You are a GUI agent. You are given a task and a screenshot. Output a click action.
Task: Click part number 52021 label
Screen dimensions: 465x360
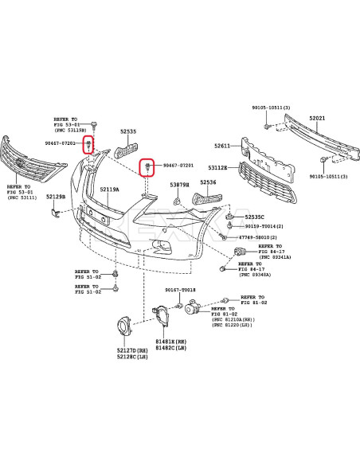click(317, 118)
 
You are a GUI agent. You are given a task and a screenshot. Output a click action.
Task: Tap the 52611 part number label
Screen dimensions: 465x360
click(221, 146)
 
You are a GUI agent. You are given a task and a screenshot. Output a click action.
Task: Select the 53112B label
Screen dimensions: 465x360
click(218, 168)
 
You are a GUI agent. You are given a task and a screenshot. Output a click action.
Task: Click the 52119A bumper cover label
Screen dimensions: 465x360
click(109, 190)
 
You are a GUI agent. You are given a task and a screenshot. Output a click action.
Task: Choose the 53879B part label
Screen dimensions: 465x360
click(179, 185)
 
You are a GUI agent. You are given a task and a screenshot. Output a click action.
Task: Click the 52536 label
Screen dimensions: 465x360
click(208, 182)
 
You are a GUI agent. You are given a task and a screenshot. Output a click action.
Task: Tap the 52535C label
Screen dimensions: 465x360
click(254, 217)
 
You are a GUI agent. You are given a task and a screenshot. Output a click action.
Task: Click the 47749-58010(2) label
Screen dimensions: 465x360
click(262, 237)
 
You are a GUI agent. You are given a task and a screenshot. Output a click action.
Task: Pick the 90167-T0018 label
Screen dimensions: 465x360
click(180, 291)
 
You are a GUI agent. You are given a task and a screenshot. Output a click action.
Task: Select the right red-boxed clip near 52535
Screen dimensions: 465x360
click(148, 166)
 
